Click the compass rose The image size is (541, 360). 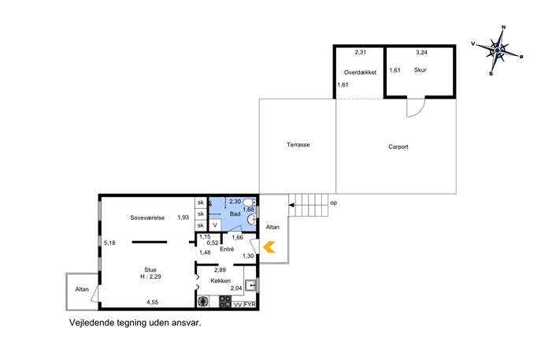[x=497, y=50]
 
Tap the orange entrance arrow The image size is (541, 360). [x=269, y=247]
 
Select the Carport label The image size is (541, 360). [x=398, y=147]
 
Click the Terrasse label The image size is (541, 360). [x=298, y=145]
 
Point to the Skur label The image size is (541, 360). [x=421, y=70]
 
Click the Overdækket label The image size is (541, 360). [x=360, y=72]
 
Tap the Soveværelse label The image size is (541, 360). [x=147, y=217]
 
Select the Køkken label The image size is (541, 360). [x=220, y=280]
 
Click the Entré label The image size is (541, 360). [x=227, y=249]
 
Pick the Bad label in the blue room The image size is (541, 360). [x=235, y=214]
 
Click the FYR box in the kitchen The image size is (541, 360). [x=250, y=304]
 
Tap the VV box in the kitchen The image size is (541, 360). [x=238, y=305]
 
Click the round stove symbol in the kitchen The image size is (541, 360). [x=203, y=302]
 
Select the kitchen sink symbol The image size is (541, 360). [x=250, y=285]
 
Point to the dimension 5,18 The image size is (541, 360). [x=109, y=243]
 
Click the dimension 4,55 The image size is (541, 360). [x=152, y=302]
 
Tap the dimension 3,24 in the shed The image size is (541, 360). [x=421, y=53]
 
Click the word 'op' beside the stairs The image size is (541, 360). [x=333, y=203]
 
